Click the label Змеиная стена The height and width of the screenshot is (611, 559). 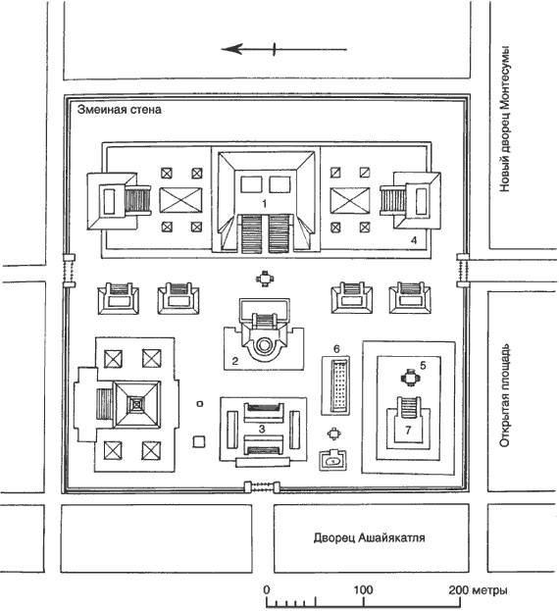120,110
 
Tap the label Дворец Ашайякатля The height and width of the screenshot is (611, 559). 370,538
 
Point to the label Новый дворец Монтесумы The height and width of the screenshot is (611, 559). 504,120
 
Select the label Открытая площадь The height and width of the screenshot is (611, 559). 504,395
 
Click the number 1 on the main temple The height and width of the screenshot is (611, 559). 265,203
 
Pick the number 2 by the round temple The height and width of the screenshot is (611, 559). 235,361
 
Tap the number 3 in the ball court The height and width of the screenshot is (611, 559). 262,429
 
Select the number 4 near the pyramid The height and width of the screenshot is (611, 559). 414,240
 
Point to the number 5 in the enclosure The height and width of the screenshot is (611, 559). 423,365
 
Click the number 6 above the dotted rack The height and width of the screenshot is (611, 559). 337,349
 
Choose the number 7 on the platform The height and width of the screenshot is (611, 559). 408,430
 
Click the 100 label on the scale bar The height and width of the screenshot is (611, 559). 363,589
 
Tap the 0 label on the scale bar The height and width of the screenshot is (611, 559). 267,589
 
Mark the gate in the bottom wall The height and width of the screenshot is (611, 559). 262,487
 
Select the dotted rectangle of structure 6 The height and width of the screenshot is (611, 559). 339,385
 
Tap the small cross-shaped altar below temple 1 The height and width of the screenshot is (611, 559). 265,279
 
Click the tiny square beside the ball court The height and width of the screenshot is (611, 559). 200,404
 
